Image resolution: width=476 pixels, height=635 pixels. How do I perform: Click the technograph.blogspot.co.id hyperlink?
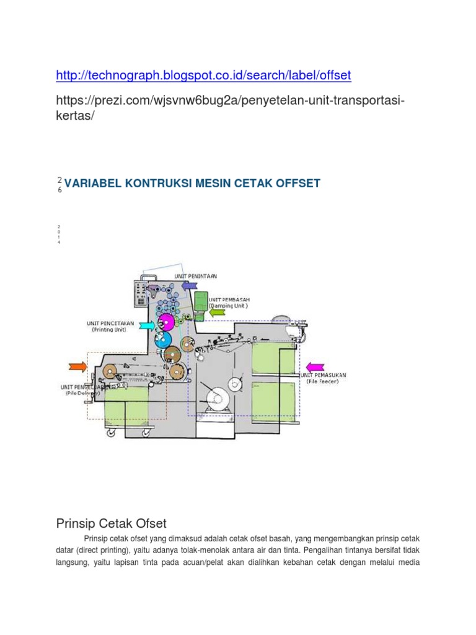(x=203, y=76)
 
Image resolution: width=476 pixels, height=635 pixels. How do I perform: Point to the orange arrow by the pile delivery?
(x=78, y=366)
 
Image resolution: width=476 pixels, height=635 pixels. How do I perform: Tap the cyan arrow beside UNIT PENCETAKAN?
(x=146, y=325)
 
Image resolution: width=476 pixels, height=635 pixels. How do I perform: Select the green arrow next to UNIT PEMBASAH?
(x=218, y=312)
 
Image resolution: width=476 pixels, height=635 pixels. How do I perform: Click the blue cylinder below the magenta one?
(x=162, y=339)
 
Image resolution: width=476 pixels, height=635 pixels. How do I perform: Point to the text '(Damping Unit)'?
(x=228, y=305)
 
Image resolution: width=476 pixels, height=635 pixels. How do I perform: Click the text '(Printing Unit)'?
(x=108, y=330)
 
